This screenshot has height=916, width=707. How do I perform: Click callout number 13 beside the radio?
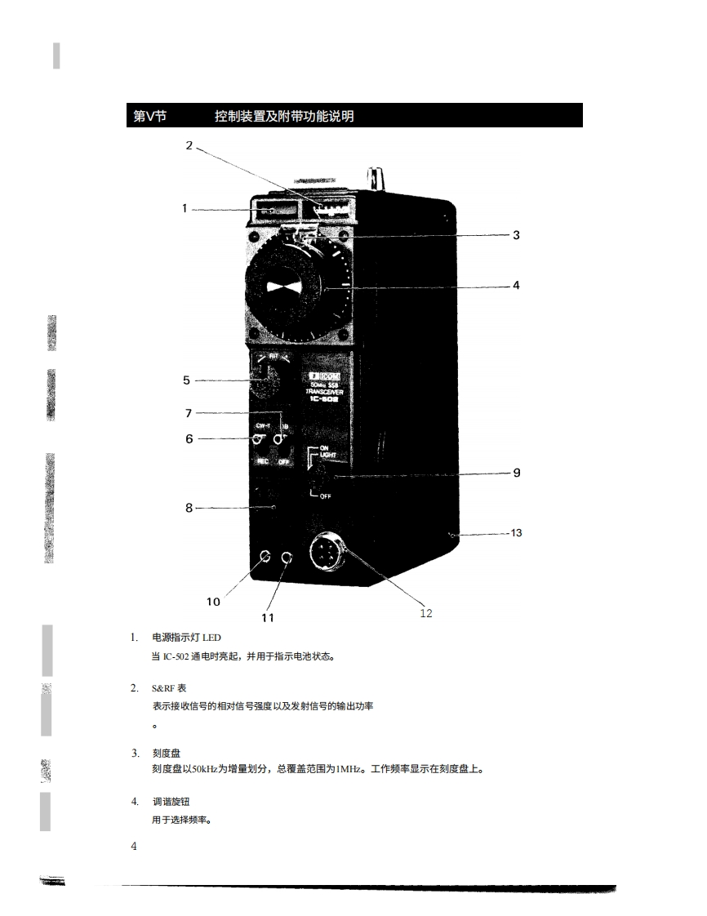[516, 533]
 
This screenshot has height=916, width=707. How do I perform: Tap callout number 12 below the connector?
[426, 613]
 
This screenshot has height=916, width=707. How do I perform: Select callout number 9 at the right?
[516, 473]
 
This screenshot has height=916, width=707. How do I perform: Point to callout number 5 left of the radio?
[186, 380]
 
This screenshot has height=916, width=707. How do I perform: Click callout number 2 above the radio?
[189, 146]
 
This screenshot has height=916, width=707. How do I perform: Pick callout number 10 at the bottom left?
[213, 602]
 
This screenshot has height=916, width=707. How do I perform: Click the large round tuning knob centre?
[285, 287]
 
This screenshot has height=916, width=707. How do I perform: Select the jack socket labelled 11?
[287, 558]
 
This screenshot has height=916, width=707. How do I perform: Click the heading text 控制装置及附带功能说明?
[284, 116]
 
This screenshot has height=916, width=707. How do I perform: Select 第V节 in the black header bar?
[150, 116]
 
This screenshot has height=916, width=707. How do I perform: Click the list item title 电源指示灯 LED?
[186, 637]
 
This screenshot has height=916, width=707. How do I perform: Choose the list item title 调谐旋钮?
[171, 802]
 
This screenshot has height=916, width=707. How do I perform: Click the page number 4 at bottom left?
[134, 846]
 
